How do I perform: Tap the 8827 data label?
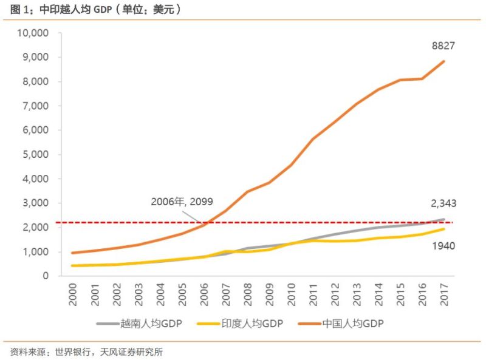click(x=443, y=46)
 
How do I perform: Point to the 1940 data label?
click(x=443, y=246)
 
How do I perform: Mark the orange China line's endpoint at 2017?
click(x=443, y=61)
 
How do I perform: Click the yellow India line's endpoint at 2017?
click(x=443, y=229)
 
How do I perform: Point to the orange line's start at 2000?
click(x=74, y=253)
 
